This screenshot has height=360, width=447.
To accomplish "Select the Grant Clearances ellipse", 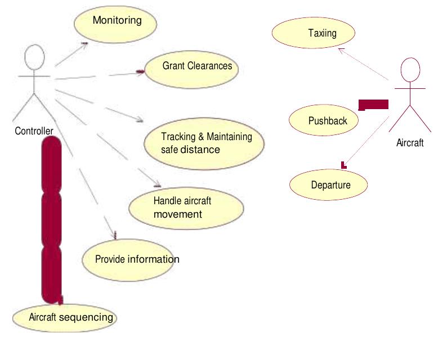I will coord(192,67).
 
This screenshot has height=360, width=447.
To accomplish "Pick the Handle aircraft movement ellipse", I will coord(186,208).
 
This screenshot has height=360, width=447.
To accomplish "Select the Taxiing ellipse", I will coord(314,33).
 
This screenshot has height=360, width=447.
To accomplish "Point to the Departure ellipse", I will coord(329,185).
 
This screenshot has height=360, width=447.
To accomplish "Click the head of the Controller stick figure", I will coord(35,57).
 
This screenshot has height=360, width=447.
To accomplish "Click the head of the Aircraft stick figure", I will coord(410,71).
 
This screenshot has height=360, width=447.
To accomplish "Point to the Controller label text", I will coord(34,131).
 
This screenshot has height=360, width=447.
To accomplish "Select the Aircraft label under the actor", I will coord(410,143).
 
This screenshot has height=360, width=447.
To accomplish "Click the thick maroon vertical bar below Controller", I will coord(51,219).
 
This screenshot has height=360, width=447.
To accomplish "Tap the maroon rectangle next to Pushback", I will coord(374,104).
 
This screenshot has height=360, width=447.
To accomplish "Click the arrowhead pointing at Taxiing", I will coord(340,51).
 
